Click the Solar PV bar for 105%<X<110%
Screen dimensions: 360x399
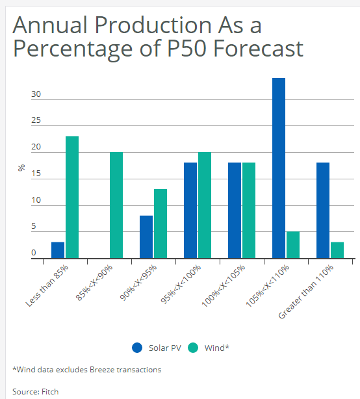pyautogui.click(x=279, y=168)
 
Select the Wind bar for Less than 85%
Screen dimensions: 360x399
pyautogui.click(x=72, y=197)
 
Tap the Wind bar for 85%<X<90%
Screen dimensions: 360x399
pyautogui.click(x=116, y=205)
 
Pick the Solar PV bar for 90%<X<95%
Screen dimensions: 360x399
pyautogui.click(x=146, y=237)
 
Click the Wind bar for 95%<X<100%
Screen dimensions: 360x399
pyautogui.click(x=205, y=205)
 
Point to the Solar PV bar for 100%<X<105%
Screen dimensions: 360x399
pyautogui.click(x=235, y=211)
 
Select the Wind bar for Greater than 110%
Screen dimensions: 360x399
pyautogui.click(x=337, y=250)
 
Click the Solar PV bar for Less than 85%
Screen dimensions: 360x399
pyautogui.click(x=58, y=250)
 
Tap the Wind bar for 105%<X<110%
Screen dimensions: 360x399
pyautogui.click(x=293, y=245)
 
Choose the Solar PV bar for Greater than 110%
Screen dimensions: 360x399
pyautogui.click(x=323, y=211)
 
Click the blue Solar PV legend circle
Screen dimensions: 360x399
pyautogui.click(x=137, y=348)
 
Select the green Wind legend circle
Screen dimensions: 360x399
pyautogui.click(x=193, y=348)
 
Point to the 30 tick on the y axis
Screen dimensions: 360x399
pyautogui.click(x=36, y=94)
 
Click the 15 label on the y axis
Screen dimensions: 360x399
pyautogui.click(x=36, y=174)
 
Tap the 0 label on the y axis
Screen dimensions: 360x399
pyautogui.click(x=34, y=253)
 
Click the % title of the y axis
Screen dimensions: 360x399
pyautogui.click(x=21, y=168)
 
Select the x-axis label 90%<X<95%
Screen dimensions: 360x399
pyautogui.click(x=138, y=283)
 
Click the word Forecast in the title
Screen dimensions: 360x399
pyautogui.click(x=258, y=48)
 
